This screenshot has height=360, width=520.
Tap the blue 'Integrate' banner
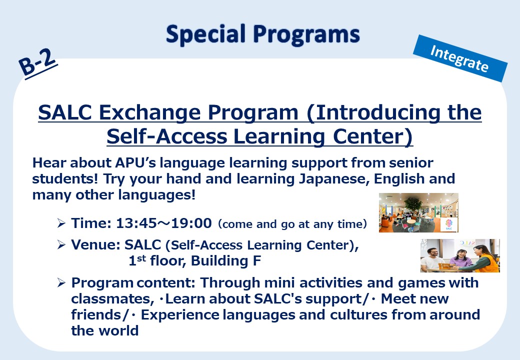460,58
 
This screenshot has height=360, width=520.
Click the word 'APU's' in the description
135,163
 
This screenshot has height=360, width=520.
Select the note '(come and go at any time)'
292,224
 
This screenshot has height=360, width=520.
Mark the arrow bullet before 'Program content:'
61,283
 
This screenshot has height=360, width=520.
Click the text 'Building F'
226,261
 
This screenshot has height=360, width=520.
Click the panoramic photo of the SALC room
418,212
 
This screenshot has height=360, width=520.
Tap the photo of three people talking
460,255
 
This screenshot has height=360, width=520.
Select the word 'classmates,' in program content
112,299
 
